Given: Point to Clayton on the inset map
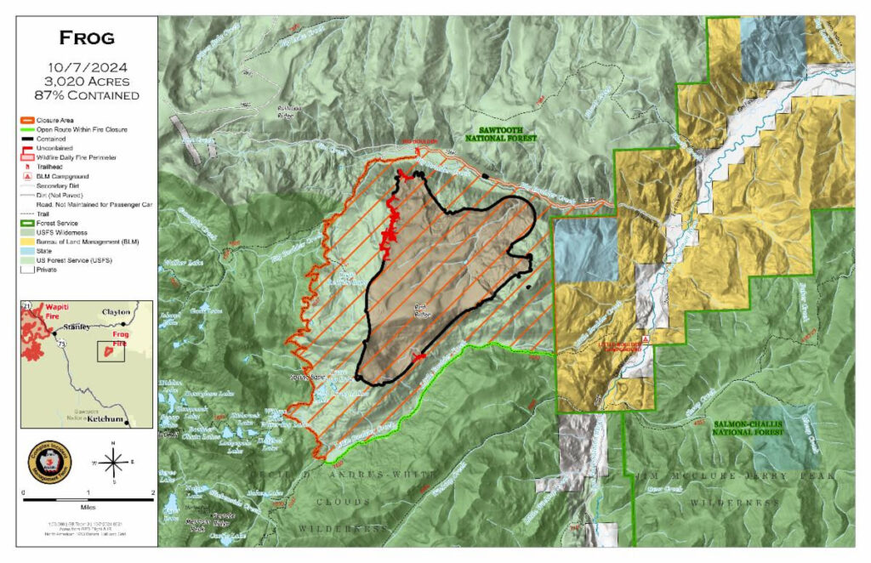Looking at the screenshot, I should pos(116,312).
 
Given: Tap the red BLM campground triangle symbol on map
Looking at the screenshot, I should pos(646,338).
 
